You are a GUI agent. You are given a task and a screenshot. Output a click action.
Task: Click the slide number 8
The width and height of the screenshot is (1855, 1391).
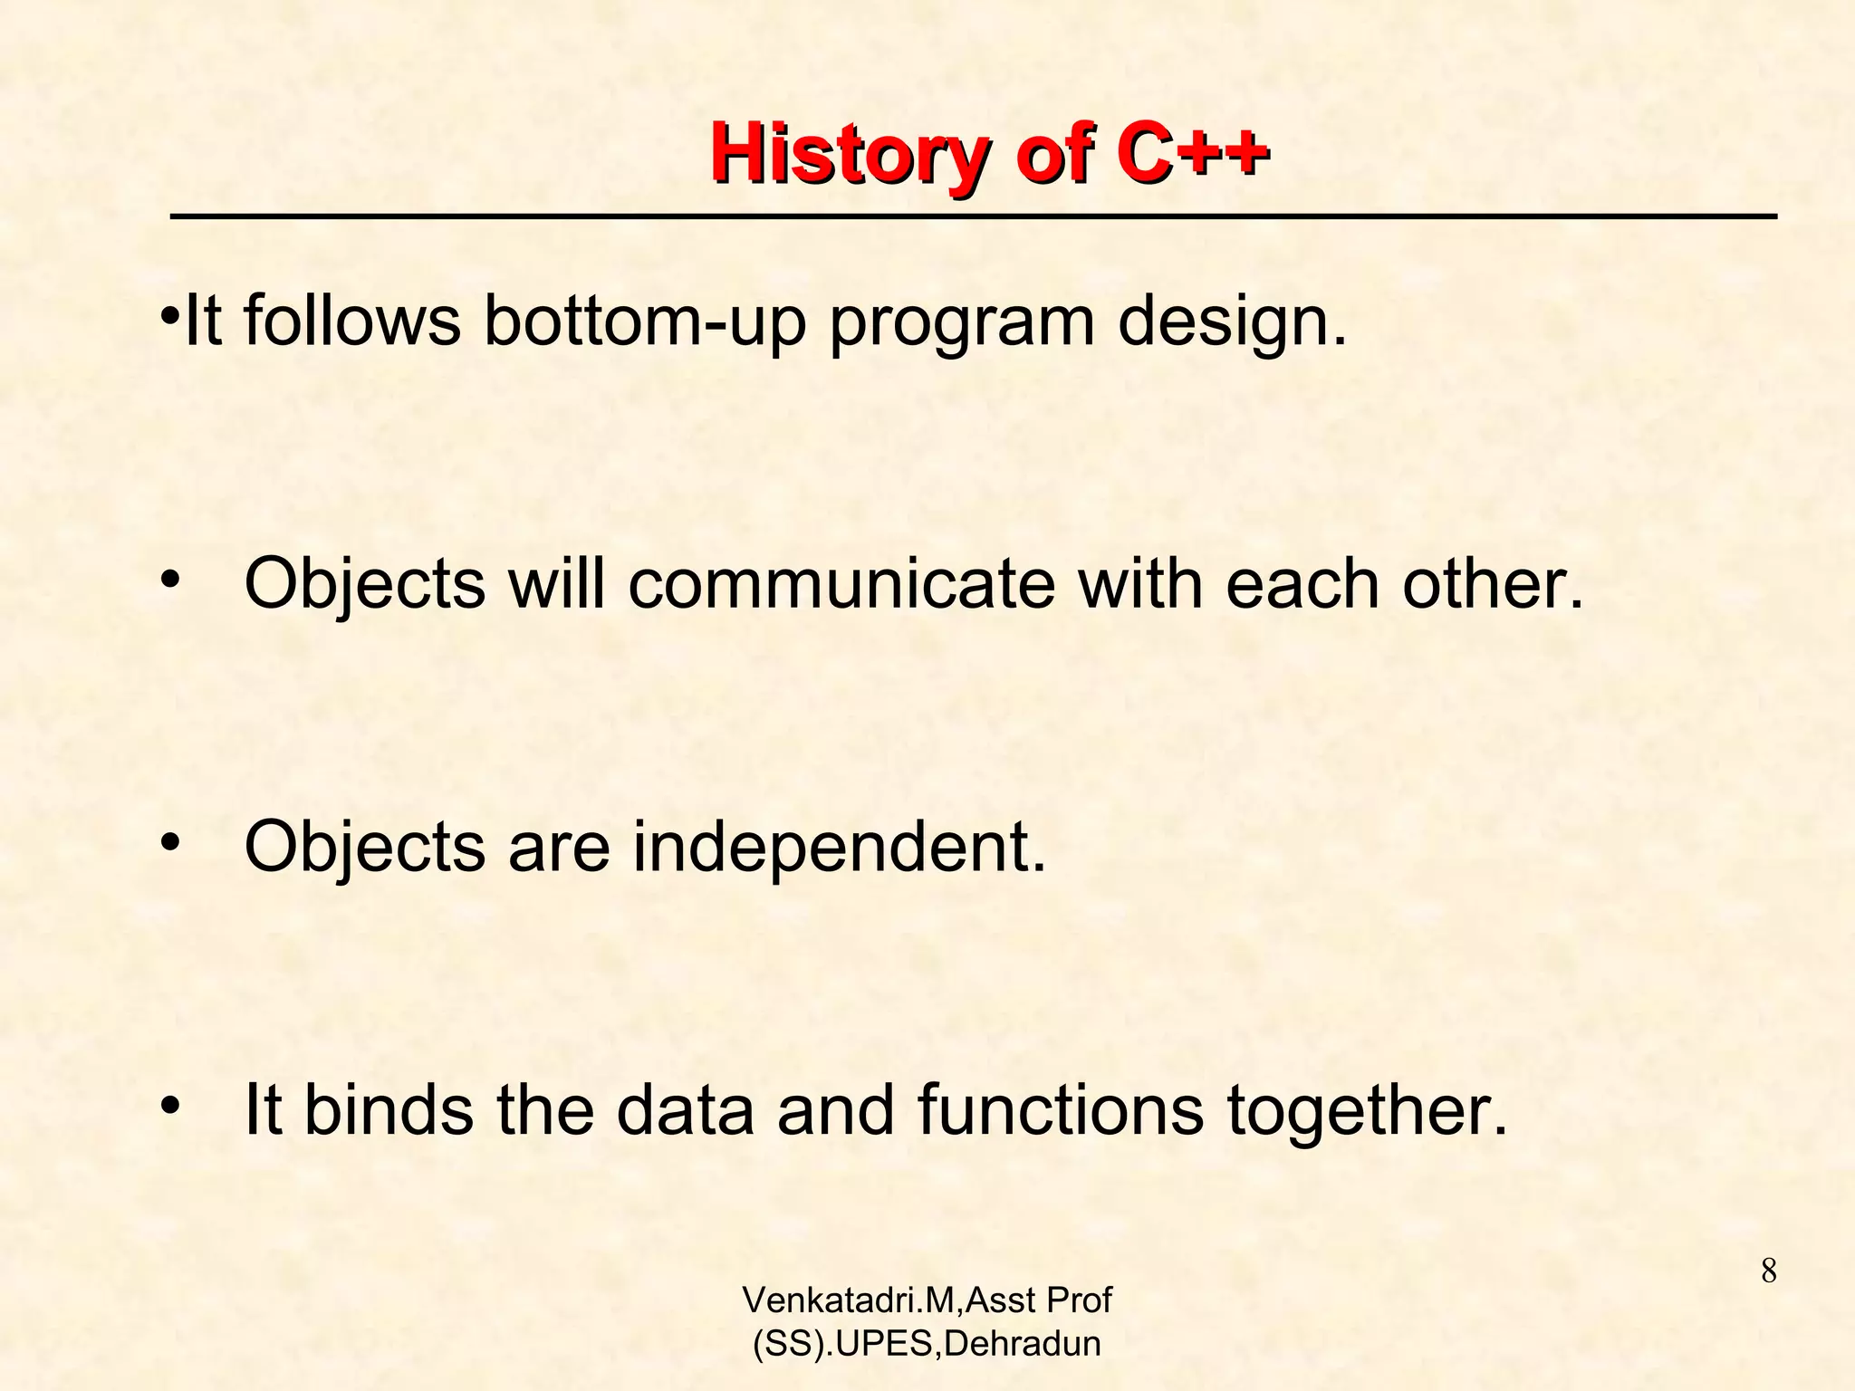click(x=1768, y=1272)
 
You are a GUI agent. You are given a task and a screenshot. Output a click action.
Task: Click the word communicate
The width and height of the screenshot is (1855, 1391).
click(x=841, y=584)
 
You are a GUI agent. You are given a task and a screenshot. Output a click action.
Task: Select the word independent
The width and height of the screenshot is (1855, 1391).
click(x=838, y=847)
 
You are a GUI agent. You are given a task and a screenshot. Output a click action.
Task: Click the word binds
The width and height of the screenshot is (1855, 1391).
click(x=388, y=1110)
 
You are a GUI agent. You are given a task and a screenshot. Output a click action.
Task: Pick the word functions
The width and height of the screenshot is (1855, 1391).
click(x=1061, y=1110)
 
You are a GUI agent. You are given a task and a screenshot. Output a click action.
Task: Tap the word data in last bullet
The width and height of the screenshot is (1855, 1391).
click(x=685, y=1110)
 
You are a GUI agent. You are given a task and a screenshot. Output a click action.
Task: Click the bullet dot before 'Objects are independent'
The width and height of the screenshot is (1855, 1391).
click(x=169, y=843)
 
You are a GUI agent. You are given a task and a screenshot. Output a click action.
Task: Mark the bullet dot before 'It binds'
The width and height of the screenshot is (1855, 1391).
click(x=169, y=1107)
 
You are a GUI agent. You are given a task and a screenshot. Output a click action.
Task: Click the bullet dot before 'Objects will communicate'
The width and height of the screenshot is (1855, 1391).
click(x=169, y=580)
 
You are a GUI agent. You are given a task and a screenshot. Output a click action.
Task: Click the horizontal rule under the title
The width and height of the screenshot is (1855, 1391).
click(x=973, y=217)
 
